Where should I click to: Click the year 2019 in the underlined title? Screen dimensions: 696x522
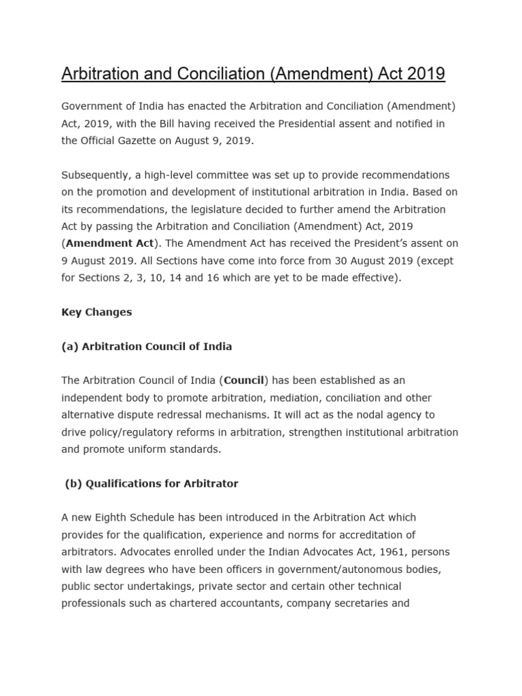[427, 73]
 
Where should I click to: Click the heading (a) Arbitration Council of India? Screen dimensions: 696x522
[147, 346]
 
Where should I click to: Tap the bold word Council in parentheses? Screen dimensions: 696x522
[245, 380]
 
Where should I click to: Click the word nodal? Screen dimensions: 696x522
[360, 414]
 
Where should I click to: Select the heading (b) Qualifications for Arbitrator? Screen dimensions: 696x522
[152, 483]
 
